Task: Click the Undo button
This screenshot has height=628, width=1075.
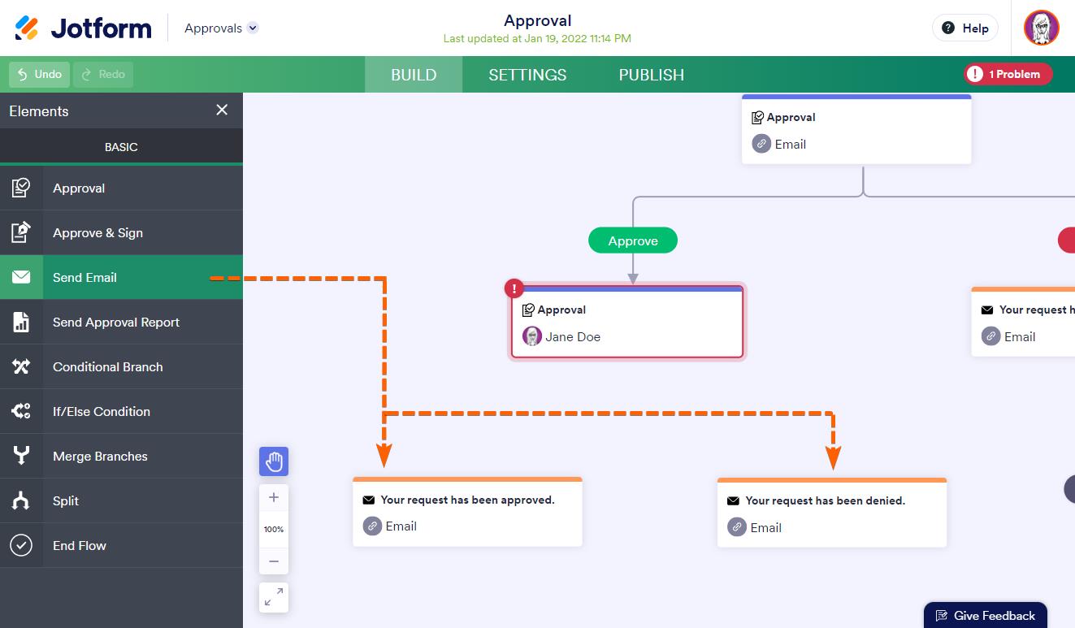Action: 39,75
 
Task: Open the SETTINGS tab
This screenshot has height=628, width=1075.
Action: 527,75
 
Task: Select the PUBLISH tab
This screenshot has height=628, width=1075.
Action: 651,75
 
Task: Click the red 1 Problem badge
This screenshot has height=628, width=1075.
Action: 1008,75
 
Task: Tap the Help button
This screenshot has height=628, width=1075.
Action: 965,28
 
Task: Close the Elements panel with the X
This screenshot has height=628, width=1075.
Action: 222,110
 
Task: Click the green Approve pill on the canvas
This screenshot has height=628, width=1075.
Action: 633,240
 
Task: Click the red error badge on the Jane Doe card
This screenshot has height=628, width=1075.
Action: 514,288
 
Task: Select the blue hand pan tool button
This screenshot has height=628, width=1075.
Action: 274,461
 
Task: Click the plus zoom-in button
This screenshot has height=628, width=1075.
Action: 274,497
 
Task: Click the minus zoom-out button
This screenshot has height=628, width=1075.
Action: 274,561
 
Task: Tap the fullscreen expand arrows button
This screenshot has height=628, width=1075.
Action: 274,598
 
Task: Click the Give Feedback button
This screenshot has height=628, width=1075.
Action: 986,615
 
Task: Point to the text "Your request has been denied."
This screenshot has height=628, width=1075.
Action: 825,500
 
